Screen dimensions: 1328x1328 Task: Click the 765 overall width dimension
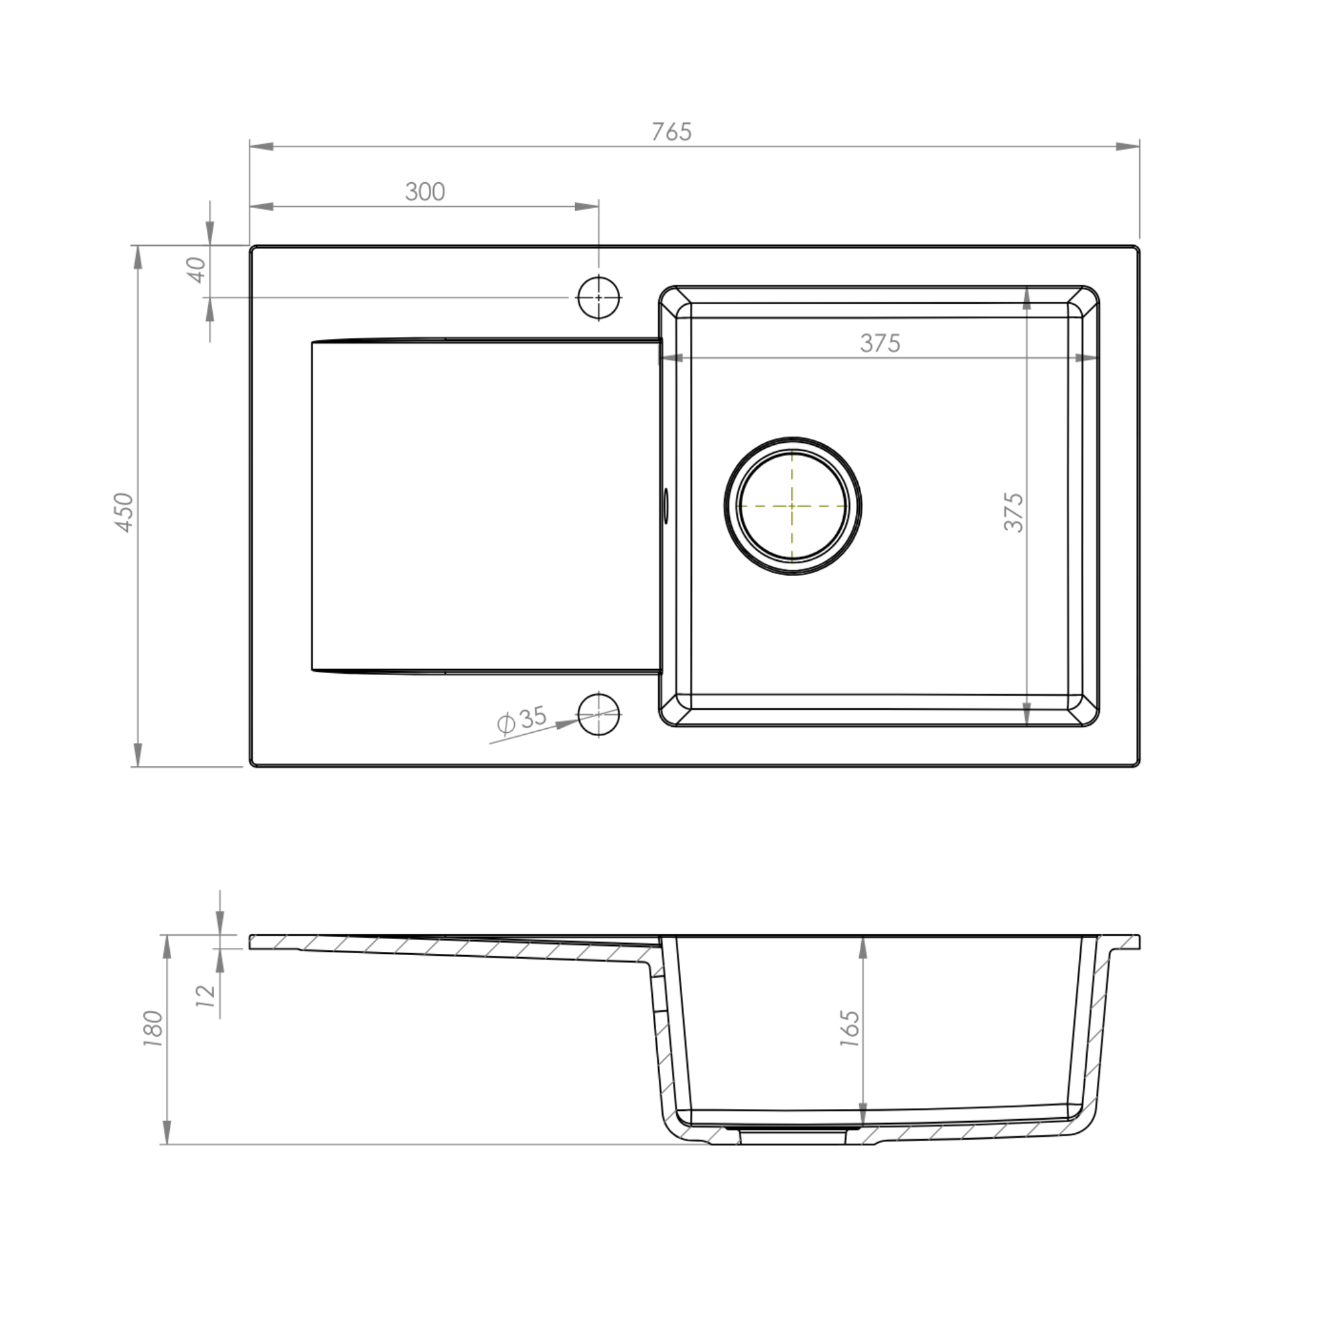pyautogui.click(x=672, y=131)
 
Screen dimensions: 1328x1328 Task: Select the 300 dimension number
pyautogui.click(x=425, y=191)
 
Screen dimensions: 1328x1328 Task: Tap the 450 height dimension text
pyautogui.click(x=124, y=512)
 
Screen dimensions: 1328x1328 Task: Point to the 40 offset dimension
pyautogui.click(x=196, y=270)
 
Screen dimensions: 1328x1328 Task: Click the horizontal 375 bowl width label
pyautogui.click(x=880, y=343)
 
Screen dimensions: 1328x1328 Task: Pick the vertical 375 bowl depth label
pyautogui.click(x=1014, y=512)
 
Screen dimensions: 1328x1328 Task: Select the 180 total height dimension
pyautogui.click(x=152, y=1028)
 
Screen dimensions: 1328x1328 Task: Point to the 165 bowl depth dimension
pyautogui.click(x=849, y=1028)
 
